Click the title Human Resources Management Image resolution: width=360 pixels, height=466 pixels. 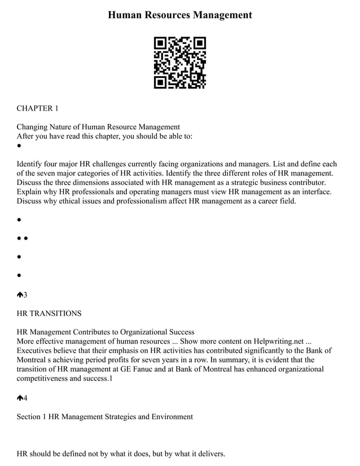tap(180, 15)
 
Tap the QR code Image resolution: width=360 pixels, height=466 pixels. tap(180, 63)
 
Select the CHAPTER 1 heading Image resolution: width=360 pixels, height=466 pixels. tap(37, 108)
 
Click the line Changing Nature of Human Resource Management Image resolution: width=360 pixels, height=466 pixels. tap(98, 126)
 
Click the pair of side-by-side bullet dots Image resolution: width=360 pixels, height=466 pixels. tap(23, 239)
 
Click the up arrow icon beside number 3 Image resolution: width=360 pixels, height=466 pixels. tap(20, 294)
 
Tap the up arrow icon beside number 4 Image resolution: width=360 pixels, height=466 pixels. tap(20, 398)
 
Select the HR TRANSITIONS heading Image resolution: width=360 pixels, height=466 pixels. tap(49, 313)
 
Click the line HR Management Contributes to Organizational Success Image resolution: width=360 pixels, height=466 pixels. tap(106, 332)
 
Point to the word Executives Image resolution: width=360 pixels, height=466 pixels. tap(36, 350)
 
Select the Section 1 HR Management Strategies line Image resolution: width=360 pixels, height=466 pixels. tap(104, 416)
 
